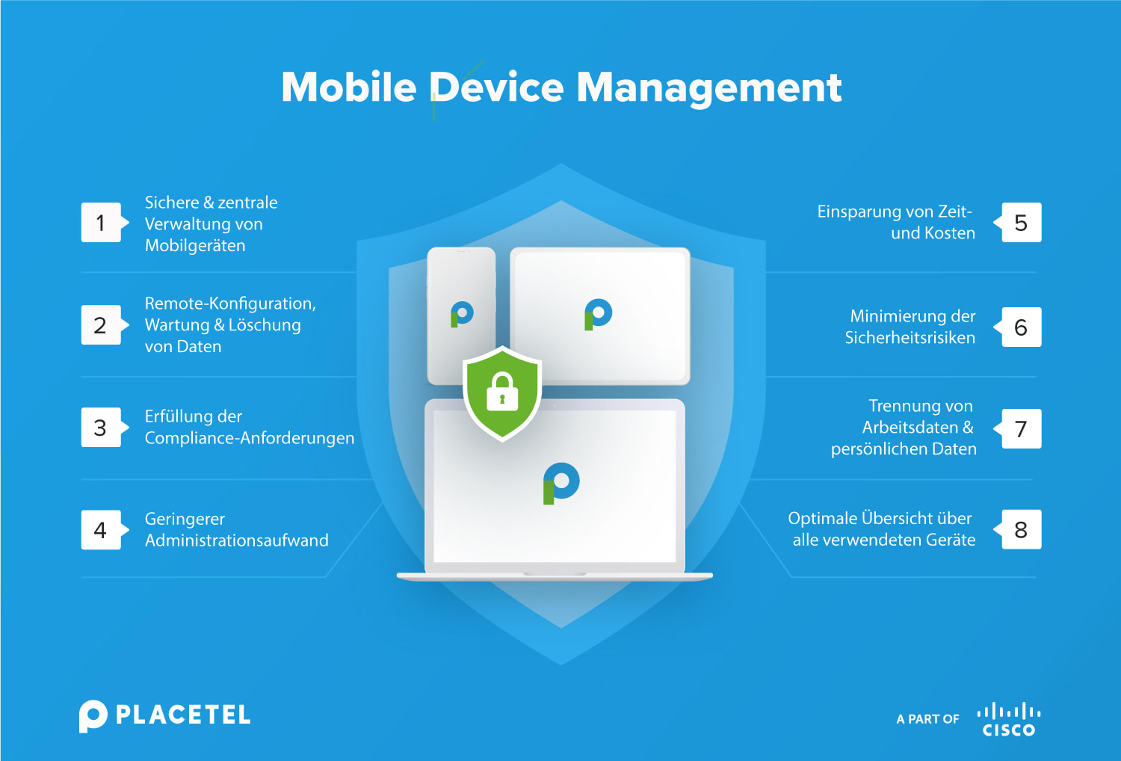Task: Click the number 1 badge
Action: (x=101, y=223)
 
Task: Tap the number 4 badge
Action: (x=101, y=530)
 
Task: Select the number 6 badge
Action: (x=1021, y=327)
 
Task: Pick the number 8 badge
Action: (x=1021, y=530)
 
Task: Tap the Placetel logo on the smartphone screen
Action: (x=462, y=314)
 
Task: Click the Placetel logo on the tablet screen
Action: (x=598, y=314)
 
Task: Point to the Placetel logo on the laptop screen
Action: (x=561, y=483)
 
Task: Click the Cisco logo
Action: (x=1009, y=720)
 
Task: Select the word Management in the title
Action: (x=708, y=88)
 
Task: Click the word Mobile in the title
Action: (x=348, y=87)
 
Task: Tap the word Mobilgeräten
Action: (x=195, y=246)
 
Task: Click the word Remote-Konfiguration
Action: (x=229, y=304)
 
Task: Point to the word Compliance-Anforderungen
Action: (x=250, y=438)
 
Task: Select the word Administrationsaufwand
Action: (x=237, y=540)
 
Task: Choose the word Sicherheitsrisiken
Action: (x=910, y=338)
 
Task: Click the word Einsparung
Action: (x=853, y=212)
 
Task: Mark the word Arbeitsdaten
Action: (x=910, y=428)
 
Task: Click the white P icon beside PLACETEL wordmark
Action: (x=93, y=716)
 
